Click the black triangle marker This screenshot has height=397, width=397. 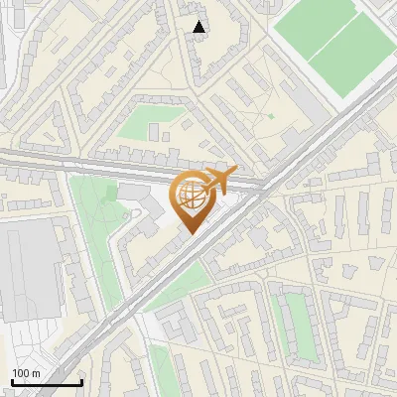coord(200,27)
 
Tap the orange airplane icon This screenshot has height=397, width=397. coord(218,180)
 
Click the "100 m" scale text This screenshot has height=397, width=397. coord(26,372)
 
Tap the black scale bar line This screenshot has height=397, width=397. coord(47,382)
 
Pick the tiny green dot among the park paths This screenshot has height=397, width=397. coord(270,116)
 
